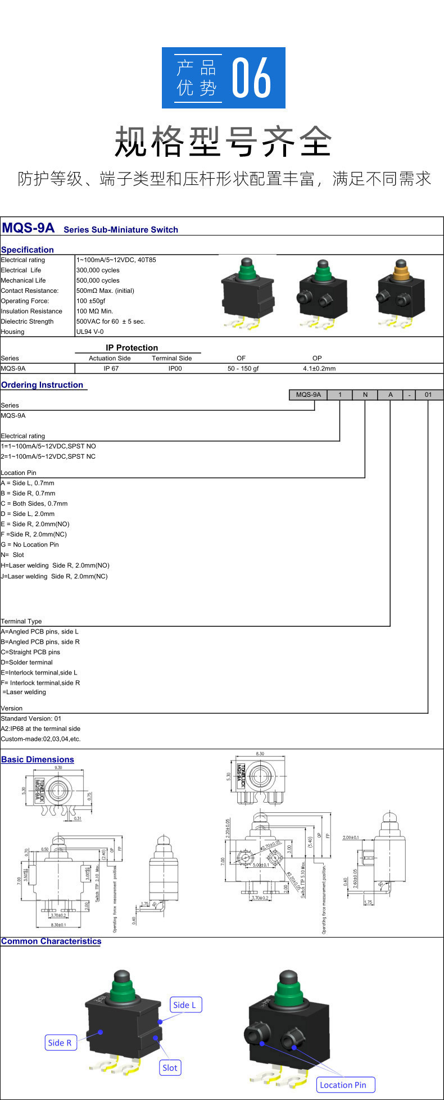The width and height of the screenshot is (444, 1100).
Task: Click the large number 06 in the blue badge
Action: coord(252,78)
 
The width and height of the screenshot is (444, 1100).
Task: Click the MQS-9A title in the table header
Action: coord(28,228)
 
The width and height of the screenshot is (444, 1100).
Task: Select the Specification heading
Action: coord(28,250)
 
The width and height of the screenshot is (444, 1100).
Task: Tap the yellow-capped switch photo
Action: coord(400,293)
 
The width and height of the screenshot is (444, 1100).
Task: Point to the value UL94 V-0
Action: coord(90,332)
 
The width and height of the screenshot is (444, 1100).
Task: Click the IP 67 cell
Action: coord(111,369)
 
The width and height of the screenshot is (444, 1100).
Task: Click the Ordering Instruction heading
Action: coord(42,385)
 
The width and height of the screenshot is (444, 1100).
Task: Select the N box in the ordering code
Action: coord(365,395)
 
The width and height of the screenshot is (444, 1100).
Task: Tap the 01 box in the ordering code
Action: coord(428,395)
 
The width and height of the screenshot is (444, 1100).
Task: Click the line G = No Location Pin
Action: coord(30,545)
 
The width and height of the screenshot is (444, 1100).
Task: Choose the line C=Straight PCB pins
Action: coord(30,652)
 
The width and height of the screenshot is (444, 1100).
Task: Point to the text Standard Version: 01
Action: coord(31,718)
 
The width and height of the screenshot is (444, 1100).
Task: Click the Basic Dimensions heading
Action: coord(38,759)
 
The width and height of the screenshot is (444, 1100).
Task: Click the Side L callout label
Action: coord(185,1005)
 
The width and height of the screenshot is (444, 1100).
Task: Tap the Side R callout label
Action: coord(60,1043)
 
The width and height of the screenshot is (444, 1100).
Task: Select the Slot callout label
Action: coord(170,1068)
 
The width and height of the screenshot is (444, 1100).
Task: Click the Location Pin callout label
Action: coord(343,1085)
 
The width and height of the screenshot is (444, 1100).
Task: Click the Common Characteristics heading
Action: coord(51,941)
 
